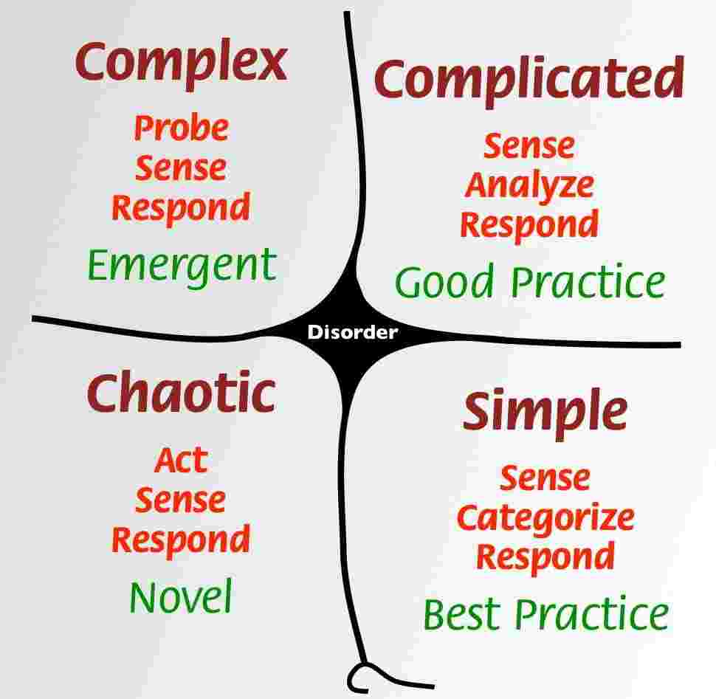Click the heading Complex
pyautogui.click(x=181, y=63)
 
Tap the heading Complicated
pyautogui.click(x=529, y=80)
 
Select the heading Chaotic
pyautogui.click(x=181, y=393)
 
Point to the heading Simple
pyautogui.click(x=545, y=411)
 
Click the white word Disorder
pyautogui.click(x=352, y=333)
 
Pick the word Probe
pyautogui.click(x=181, y=129)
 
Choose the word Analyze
pyautogui.click(x=529, y=185)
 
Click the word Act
pyautogui.click(x=181, y=461)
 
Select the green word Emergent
pyautogui.click(x=182, y=266)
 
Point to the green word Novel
pyautogui.click(x=181, y=596)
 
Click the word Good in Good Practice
pyautogui.click(x=444, y=282)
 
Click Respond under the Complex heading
pyautogui.click(x=181, y=207)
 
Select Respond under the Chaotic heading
pyautogui.click(x=181, y=540)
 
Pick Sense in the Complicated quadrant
pyautogui.click(x=529, y=146)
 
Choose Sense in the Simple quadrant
pyautogui.click(x=545, y=478)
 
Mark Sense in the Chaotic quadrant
pyautogui.click(x=181, y=500)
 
